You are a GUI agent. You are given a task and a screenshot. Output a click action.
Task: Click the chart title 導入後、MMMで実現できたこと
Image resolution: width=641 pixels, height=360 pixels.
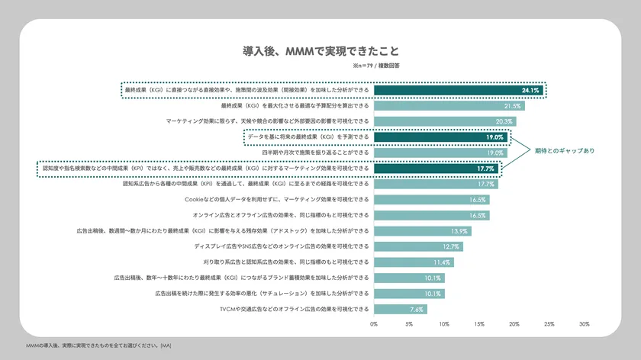pos(320,51)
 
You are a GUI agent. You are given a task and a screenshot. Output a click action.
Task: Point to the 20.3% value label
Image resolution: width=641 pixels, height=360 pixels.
pos(504,121)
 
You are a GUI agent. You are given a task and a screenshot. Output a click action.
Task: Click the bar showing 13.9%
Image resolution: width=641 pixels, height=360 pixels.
pos(422,231)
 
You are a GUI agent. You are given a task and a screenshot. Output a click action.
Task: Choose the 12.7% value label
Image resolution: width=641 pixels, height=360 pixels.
pos(452,246)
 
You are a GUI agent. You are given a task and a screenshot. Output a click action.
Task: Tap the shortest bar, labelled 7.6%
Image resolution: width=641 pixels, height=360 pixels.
pos(400,309)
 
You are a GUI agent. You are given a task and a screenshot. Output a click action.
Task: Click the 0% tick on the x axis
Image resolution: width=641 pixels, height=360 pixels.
pos(374,324)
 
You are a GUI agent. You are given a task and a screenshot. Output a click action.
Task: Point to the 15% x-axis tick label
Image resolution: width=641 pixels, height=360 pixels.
pos(479,324)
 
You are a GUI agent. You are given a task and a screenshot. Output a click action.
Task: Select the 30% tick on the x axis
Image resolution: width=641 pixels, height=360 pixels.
pos(585,324)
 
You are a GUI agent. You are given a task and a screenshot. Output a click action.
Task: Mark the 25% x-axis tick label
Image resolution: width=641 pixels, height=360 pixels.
pos(549,324)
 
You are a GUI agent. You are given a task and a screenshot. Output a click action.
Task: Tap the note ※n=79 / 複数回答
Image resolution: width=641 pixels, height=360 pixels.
pos(376,66)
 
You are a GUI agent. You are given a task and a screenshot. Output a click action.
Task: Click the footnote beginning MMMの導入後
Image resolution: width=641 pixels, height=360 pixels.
pos(99,346)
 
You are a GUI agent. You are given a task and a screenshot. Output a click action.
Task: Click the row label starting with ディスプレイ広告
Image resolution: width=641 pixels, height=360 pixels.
pos(282,246)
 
